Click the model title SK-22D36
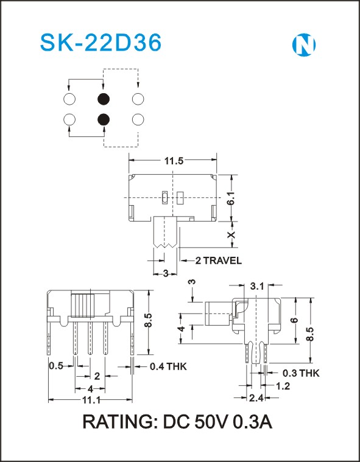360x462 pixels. point(101,43)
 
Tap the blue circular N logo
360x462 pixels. point(304,46)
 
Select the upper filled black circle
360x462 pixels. point(104,99)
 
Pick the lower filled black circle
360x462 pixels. point(104,119)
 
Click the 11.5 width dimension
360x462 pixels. point(174,161)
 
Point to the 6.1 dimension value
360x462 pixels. point(231,197)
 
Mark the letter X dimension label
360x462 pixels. point(232,234)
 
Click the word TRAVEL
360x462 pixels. point(222,261)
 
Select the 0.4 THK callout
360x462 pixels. point(168,366)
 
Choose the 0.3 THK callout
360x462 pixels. point(301,373)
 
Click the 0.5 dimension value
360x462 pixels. point(56,366)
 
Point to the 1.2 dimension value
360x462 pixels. point(283,386)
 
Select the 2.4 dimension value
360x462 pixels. point(256,398)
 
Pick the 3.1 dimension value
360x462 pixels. point(257,286)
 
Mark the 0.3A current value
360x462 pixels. point(253,422)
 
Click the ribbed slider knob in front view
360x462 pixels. point(83,306)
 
